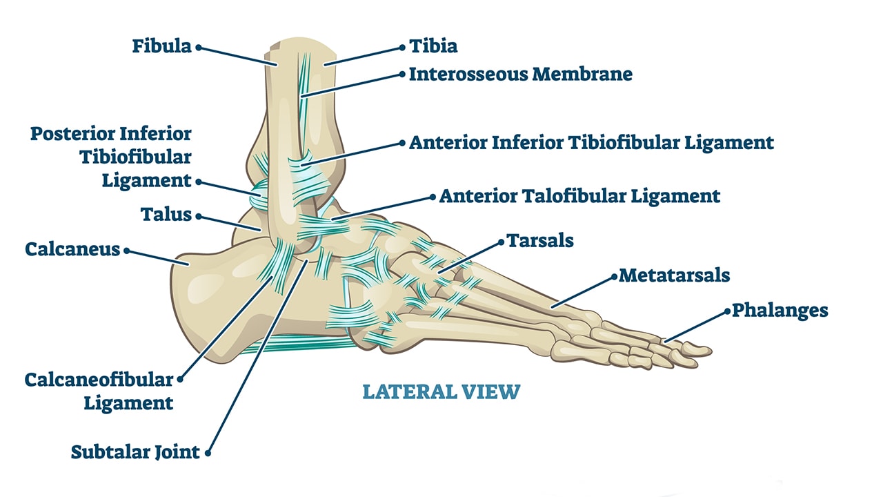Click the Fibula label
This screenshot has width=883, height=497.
click(x=162, y=47)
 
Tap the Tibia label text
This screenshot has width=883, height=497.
click(x=433, y=46)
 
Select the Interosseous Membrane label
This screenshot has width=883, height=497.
click(x=520, y=74)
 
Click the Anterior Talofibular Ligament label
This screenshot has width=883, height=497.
click(x=579, y=196)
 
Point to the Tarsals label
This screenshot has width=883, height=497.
click(x=540, y=240)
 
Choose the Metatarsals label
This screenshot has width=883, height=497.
click(x=674, y=275)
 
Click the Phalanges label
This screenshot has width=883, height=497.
click(x=780, y=311)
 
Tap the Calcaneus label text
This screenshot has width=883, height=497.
click(x=72, y=249)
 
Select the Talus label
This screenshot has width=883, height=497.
click(x=166, y=215)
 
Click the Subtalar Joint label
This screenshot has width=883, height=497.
click(x=135, y=453)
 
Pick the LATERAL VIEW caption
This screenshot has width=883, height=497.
click(x=441, y=392)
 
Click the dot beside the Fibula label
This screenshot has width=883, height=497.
click(x=198, y=48)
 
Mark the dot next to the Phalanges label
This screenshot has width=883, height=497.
click(x=726, y=311)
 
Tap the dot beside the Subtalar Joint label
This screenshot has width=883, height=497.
click(x=208, y=454)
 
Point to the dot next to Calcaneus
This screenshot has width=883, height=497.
click(x=126, y=251)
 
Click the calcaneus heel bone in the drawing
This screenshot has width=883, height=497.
click(x=207, y=290)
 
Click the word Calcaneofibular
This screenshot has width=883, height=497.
click(x=99, y=380)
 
